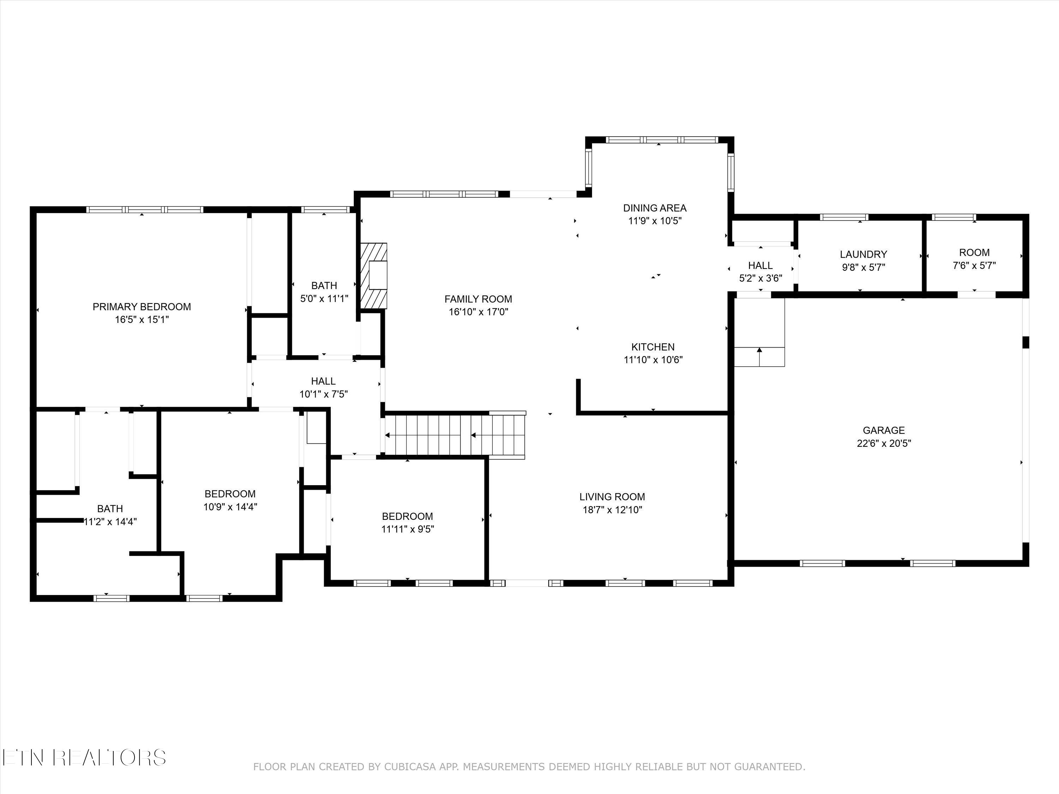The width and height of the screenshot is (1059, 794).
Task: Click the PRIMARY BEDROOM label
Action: click(x=142, y=307)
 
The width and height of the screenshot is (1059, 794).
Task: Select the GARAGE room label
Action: click(x=884, y=430)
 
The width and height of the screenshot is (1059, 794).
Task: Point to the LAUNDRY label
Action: click(x=864, y=254)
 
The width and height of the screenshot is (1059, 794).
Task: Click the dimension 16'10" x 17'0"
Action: click(x=478, y=312)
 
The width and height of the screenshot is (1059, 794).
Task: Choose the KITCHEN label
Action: click(x=653, y=347)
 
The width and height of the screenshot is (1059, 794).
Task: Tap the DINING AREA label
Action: click(x=655, y=208)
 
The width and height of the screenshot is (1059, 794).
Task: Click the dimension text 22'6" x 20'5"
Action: click(x=884, y=443)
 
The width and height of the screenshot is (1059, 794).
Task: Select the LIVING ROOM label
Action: click(x=612, y=497)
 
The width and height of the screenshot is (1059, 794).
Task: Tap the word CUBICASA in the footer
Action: click(x=410, y=767)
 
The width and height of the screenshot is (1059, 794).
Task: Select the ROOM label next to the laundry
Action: click(x=974, y=252)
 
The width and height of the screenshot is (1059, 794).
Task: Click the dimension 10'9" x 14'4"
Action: click(x=230, y=506)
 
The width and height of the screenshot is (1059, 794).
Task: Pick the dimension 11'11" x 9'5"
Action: click(x=407, y=529)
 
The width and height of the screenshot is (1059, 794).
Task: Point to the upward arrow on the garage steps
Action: click(x=759, y=356)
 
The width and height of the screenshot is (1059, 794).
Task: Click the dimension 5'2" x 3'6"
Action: click(x=761, y=278)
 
